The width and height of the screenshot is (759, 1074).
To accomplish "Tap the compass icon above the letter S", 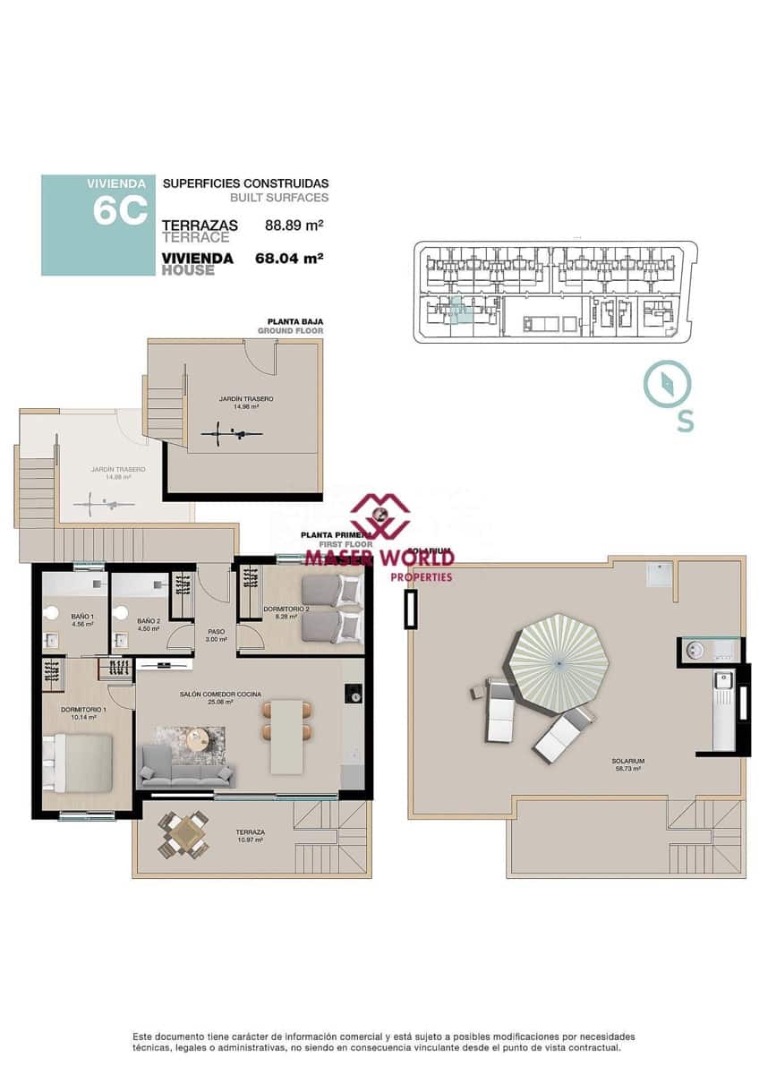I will pyautogui.click(x=667, y=383).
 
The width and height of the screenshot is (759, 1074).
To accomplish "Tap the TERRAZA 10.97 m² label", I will pyautogui.click(x=250, y=835).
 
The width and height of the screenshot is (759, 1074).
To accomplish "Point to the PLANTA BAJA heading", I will pyautogui.click(x=295, y=321).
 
